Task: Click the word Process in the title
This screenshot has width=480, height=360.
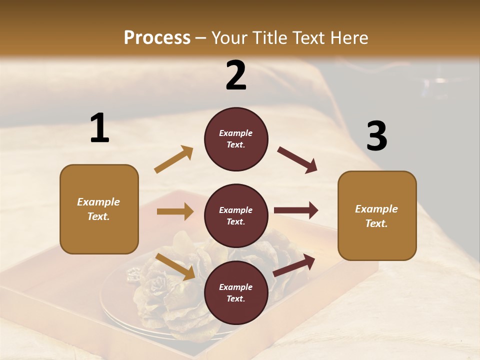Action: pos(157,38)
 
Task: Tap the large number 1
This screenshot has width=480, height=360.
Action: pos(99,128)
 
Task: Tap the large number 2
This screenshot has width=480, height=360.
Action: pos(236,75)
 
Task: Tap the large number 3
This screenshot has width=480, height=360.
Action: pos(376,137)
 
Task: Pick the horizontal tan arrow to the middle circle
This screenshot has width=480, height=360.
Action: pos(175,211)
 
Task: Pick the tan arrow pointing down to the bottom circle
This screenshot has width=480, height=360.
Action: pos(175,266)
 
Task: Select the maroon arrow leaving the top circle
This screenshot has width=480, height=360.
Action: pos(297,160)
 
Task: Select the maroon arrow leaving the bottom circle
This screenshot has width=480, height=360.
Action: pos(294,265)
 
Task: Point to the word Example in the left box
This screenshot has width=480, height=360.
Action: pos(98,202)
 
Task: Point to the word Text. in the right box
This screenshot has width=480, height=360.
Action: pos(376,223)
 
